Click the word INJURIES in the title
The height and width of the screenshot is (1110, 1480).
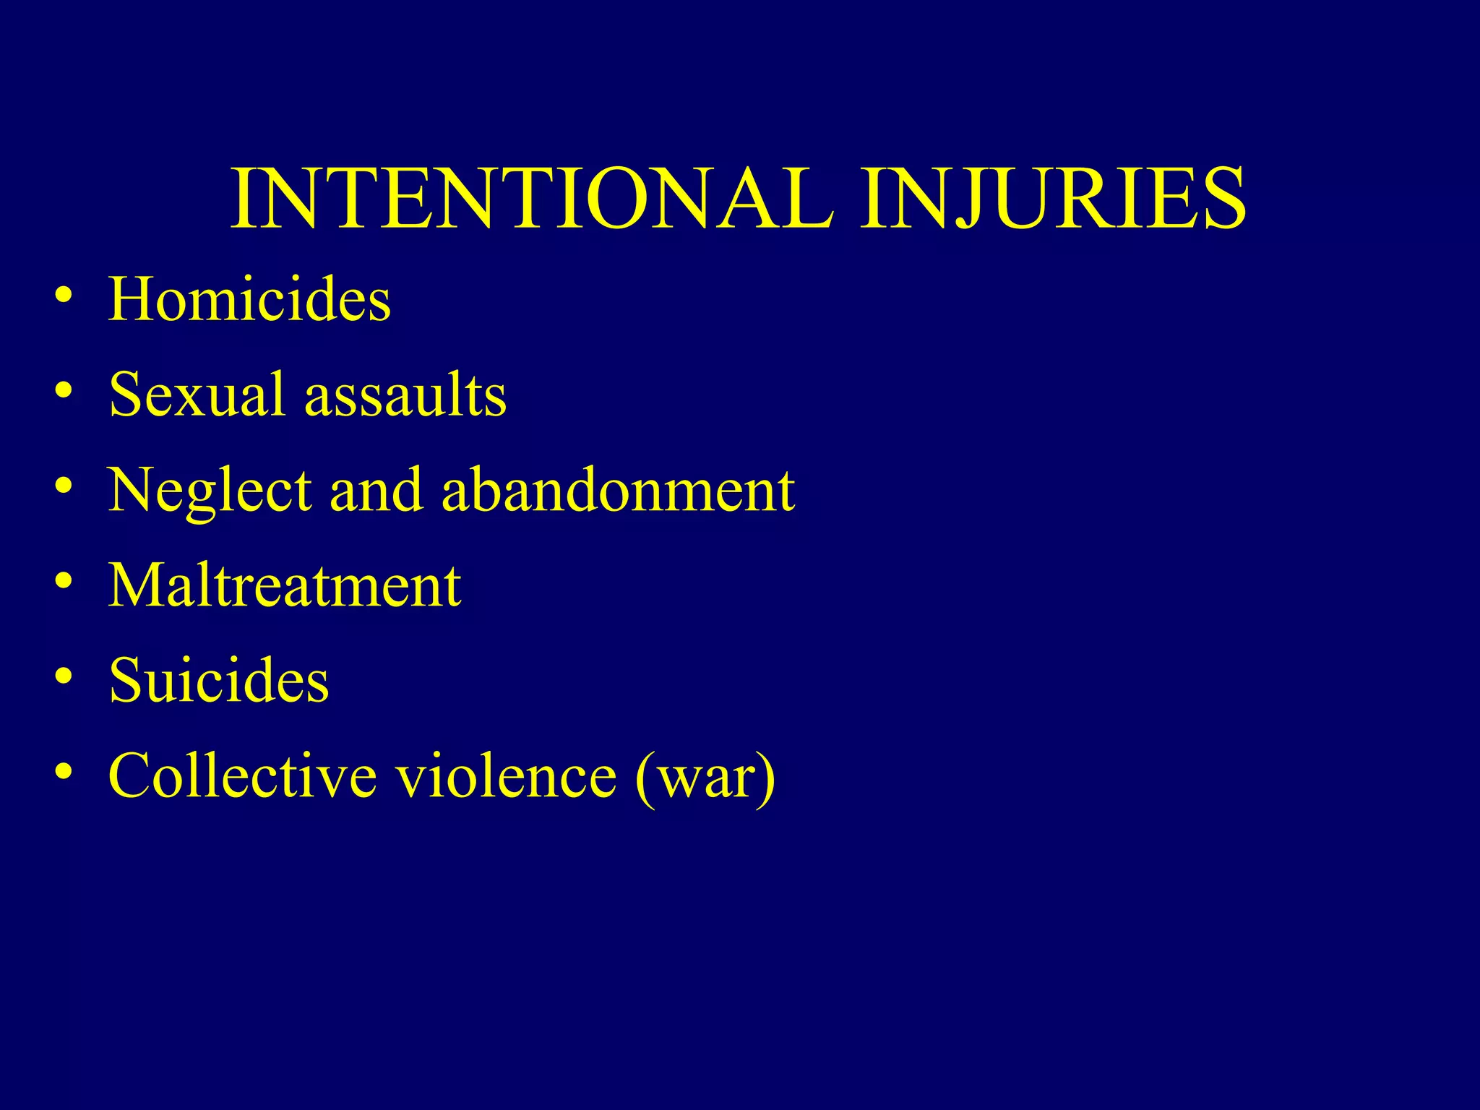point(1053,199)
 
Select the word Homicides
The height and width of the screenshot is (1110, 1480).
point(249,299)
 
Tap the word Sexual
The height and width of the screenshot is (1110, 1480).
point(197,395)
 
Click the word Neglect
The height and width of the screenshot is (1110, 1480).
point(210,491)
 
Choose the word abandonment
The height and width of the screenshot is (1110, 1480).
point(618,490)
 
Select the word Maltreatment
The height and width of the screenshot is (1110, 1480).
point(284,585)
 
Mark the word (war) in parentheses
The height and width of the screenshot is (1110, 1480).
point(705,777)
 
